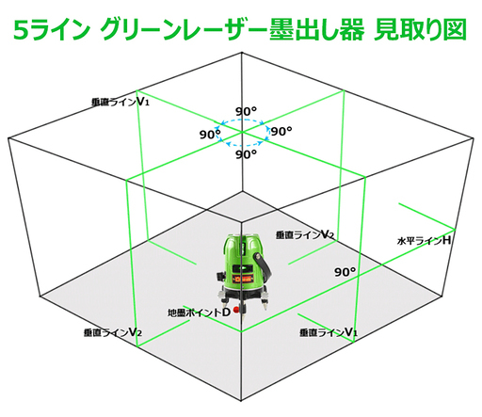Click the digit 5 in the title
[22, 30]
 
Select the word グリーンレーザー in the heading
[185, 30]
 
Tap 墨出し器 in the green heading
[317, 30]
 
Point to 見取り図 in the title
[421, 30]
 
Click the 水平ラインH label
[424, 241]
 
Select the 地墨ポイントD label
[199, 313]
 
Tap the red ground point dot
[236, 311]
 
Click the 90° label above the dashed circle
[247, 111]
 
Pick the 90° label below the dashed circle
[247, 154]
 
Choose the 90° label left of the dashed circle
[210, 135]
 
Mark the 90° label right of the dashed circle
[281, 131]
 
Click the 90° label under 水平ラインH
[345, 272]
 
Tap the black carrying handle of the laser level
[264, 267]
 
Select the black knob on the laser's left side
[220, 276]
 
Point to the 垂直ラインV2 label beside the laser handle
[305, 234]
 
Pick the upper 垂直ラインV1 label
[120, 103]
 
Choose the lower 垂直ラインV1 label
[329, 332]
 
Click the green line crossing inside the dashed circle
[242, 132]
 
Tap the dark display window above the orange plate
[244, 269]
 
